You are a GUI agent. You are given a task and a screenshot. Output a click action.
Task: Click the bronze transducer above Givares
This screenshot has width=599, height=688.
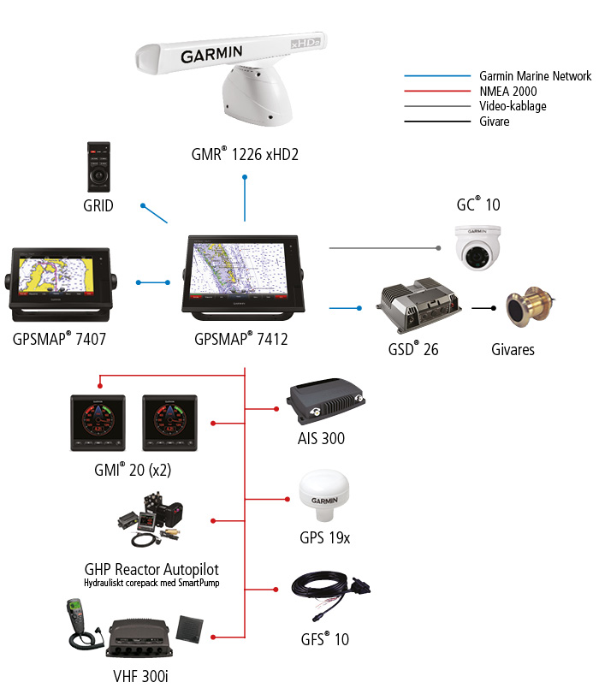point(529,309)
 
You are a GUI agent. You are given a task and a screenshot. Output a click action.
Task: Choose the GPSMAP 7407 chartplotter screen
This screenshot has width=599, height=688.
point(61,280)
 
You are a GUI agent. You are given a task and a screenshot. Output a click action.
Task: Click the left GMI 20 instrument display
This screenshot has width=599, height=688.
point(98,424)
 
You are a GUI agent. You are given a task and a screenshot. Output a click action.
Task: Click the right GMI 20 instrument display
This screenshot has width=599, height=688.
point(169,424)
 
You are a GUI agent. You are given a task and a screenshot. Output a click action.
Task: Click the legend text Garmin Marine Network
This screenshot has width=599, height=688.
point(535,76)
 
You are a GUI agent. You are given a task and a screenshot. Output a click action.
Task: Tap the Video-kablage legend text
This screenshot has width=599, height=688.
point(513,106)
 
